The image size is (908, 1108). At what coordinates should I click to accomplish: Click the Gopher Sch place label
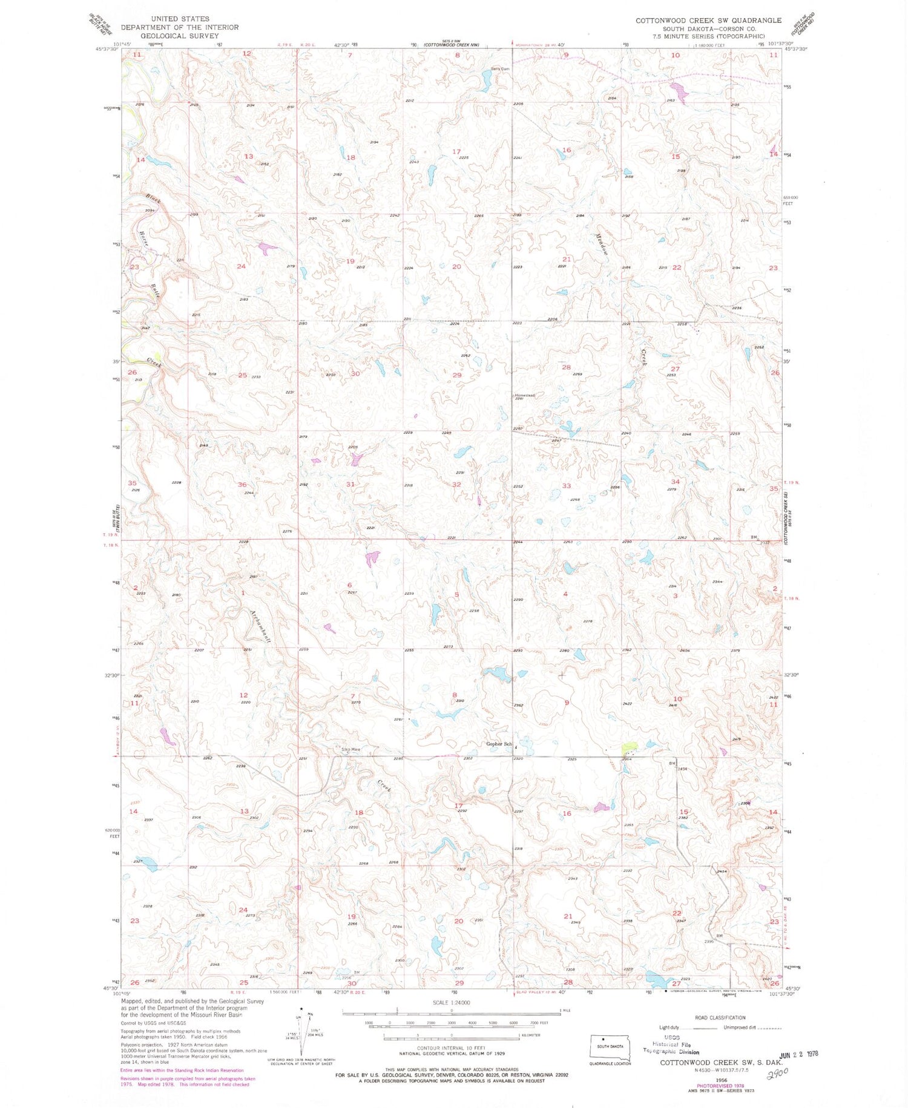499,744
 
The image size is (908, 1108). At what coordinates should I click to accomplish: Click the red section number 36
242,485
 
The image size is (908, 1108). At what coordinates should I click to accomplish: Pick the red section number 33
566,486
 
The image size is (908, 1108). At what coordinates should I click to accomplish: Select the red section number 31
350,484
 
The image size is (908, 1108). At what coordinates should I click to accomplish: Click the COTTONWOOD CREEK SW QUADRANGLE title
708,20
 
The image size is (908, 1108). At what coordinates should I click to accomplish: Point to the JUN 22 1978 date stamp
794,1054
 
